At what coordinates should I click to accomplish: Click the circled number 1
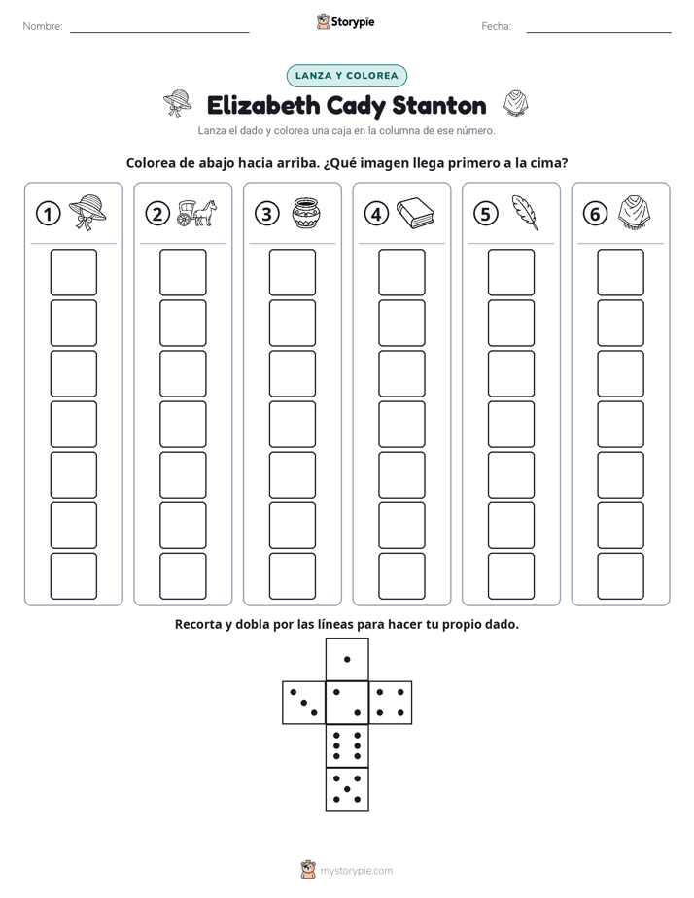click(48, 214)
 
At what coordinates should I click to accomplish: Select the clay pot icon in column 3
click(306, 214)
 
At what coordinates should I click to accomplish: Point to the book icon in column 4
click(416, 214)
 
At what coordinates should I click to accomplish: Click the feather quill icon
click(525, 213)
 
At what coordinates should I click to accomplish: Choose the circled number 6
click(595, 214)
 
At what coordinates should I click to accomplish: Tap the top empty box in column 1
click(73, 272)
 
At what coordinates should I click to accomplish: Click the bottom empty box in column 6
click(621, 576)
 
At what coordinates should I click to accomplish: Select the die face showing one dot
click(347, 660)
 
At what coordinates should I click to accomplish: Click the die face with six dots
click(347, 746)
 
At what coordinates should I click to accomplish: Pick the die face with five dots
click(347, 789)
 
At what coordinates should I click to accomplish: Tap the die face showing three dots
click(304, 703)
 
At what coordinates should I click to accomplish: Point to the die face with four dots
click(391, 703)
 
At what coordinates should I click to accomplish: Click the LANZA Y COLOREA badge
click(346, 76)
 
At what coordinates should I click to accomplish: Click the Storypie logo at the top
click(345, 22)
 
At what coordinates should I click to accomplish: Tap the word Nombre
click(43, 26)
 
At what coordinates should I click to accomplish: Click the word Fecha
click(496, 26)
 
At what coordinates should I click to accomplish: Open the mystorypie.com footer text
click(356, 871)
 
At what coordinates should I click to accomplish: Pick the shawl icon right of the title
click(515, 104)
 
